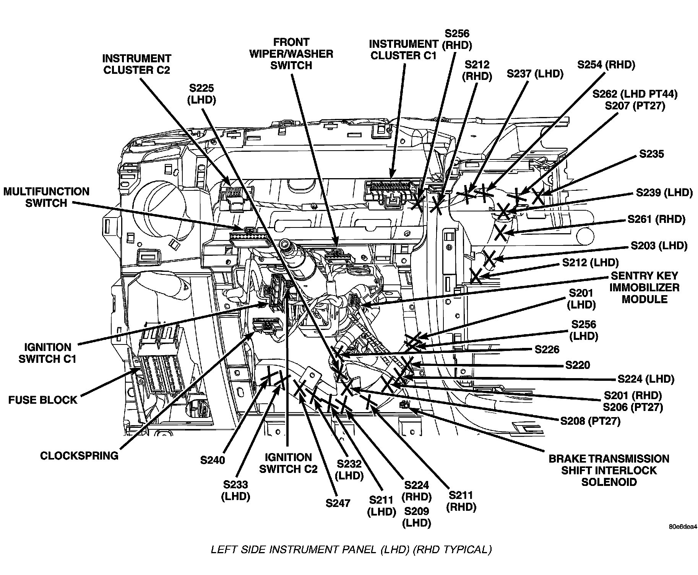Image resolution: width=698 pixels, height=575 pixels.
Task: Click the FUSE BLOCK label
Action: pos(43,400)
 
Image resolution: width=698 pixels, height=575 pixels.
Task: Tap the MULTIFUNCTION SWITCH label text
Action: pos(46,197)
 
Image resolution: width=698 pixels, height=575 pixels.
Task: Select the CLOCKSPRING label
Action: pos(79,456)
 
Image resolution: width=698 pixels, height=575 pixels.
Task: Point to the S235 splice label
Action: pos(651,154)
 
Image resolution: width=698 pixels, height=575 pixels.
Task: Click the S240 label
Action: pos(213,460)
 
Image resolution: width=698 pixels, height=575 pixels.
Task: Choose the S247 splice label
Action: pos(338,503)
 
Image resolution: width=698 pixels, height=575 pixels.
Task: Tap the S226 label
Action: pos(547,349)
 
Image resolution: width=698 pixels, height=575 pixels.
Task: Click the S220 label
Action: pos(577,365)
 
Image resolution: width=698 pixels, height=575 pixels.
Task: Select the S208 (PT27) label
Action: pos(590,421)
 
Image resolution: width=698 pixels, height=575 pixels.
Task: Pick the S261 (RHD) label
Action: pos(656,219)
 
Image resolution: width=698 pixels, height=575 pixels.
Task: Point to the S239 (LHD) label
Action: pos(664,192)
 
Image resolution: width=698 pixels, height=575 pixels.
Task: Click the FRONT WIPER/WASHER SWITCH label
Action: pos(291,54)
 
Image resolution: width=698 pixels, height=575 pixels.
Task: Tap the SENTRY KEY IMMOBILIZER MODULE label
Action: pos(644,287)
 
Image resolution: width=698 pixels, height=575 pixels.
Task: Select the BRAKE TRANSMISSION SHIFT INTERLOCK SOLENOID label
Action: pos(609,470)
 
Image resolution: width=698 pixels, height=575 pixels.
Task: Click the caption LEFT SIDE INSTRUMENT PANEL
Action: pos(351,550)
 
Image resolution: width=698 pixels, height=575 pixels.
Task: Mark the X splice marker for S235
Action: pos(538,197)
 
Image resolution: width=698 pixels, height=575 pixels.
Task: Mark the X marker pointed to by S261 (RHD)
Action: pos(501,232)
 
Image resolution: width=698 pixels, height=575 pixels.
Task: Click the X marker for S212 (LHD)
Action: pos(476,275)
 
